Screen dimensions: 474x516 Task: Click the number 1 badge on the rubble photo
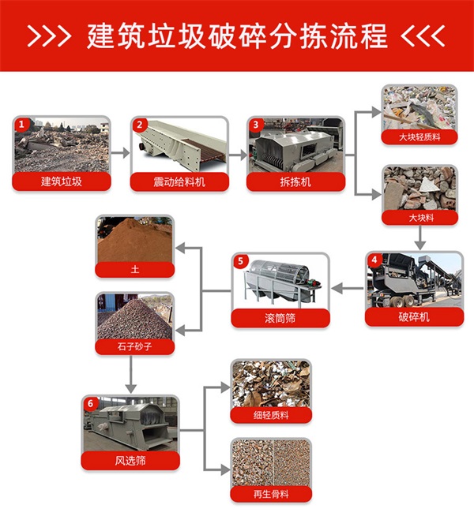point(22,125)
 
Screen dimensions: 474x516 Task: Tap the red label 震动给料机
point(179,181)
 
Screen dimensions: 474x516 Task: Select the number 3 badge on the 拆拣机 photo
point(256,125)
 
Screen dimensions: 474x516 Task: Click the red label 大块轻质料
point(419,137)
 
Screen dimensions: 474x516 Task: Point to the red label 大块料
point(420,218)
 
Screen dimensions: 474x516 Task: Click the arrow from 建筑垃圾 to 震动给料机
point(120,153)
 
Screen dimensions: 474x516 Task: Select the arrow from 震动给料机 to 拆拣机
point(238,155)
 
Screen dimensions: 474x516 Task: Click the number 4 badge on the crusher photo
point(374,260)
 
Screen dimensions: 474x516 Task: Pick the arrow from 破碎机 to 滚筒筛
point(348,289)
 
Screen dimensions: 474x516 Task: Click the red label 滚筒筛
point(280,318)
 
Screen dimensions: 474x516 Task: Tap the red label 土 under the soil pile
point(135,270)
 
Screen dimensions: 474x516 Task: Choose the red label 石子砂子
point(135,346)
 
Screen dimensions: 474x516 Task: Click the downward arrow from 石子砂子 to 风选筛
point(131,374)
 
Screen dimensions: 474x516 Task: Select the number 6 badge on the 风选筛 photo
point(91,404)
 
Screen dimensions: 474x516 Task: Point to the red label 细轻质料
point(271,415)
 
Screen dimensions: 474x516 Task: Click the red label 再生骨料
point(271,494)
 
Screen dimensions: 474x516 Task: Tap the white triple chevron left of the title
point(50,36)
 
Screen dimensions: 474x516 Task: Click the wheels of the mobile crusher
point(404,301)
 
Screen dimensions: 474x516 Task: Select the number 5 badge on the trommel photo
point(240,261)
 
